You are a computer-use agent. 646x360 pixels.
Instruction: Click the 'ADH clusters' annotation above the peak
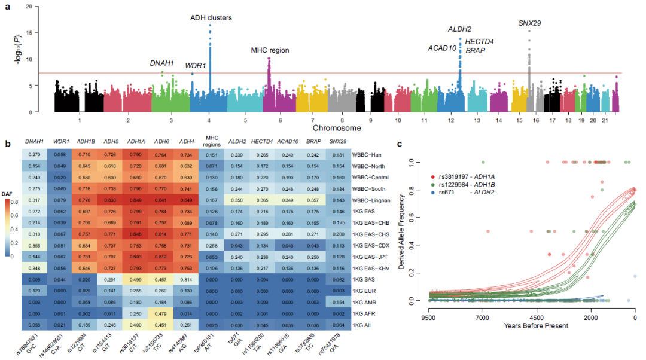click(211, 17)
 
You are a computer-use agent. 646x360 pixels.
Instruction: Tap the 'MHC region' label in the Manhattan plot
click(270, 50)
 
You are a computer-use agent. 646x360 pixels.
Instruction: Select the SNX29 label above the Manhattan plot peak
click(530, 23)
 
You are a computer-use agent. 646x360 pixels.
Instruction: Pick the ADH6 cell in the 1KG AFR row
click(160, 313)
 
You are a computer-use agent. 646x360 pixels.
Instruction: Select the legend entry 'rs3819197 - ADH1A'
click(470, 178)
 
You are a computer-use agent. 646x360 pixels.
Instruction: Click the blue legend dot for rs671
click(434, 192)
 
